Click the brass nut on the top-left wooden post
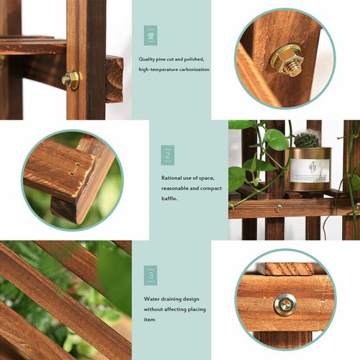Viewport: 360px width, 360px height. point(71,80)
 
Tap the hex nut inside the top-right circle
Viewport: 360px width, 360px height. point(287,60)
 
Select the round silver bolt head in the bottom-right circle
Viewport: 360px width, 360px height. point(284,305)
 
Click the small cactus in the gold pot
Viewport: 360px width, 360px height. point(307,139)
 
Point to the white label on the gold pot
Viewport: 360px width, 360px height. point(310,171)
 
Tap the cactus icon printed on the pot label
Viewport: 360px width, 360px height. point(310,167)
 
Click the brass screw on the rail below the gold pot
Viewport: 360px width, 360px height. point(279,208)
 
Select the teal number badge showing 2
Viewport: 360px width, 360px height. point(167,155)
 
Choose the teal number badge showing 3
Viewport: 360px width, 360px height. point(150,275)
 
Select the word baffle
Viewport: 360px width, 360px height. point(171,198)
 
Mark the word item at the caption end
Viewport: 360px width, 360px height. point(149,320)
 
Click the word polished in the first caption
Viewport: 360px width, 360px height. point(195,58)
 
